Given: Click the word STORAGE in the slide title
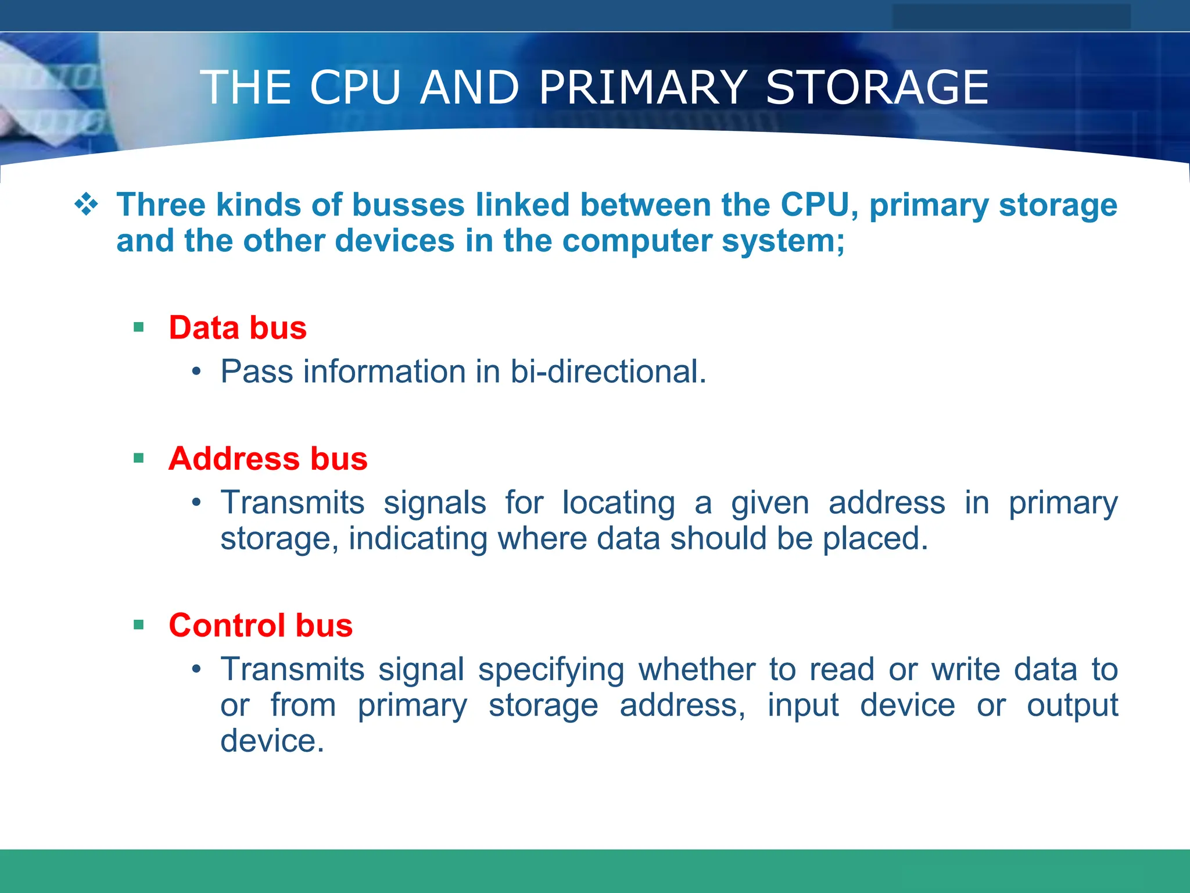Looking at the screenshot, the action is (x=877, y=88).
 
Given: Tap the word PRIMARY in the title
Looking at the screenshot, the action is (x=643, y=88).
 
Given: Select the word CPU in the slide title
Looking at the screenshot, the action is (x=355, y=88).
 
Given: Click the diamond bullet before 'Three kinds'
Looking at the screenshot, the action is (x=86, y=205).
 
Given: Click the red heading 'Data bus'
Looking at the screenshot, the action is (x=238, y=327).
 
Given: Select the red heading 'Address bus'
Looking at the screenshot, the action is (x=268, y=458).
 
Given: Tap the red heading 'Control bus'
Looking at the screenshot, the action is (x=261, y=625).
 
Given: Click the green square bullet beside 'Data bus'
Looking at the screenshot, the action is (x=138, y=327).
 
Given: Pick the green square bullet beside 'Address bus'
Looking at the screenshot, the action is (x=138, y=458).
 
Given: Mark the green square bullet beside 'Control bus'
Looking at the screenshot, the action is (x=138, y=625).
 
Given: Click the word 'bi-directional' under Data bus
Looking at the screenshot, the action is (x=608, y=372).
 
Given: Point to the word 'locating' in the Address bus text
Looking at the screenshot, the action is (x=618, y=502).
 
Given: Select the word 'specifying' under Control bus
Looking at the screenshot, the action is (x=551, y=669).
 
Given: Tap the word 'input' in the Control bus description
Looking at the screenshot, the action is (x=803, y=705).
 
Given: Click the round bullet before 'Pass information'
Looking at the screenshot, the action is (x=197, y=372).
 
